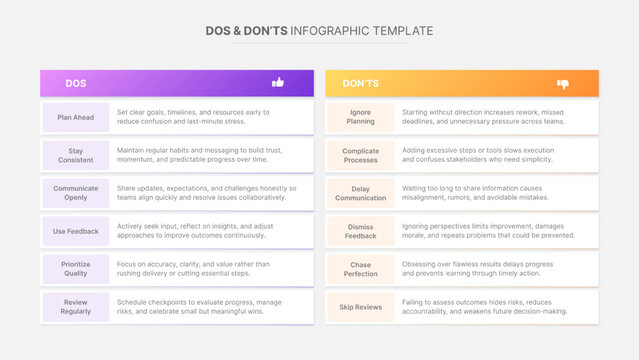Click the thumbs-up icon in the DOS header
278,83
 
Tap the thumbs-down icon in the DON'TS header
562,84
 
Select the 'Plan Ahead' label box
75,118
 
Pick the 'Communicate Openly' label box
75,193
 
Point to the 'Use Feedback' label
75,232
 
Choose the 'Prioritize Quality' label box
75,269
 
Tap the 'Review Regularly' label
75,307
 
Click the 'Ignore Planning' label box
361,118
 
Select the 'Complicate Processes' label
361,154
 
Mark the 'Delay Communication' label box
361,193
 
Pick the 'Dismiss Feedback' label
361,232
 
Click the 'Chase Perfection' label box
361,269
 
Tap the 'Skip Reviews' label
361,307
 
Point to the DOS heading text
75,84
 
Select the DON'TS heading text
360,84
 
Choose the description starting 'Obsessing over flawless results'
485,269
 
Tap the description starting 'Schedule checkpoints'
199,307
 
